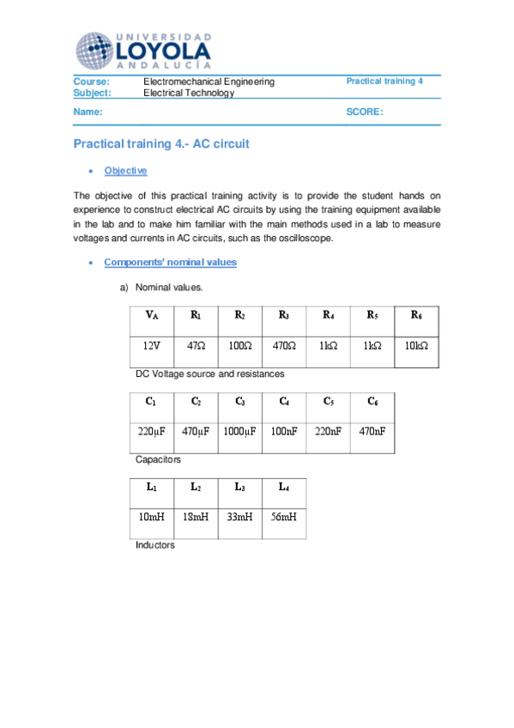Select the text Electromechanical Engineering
[209, 82]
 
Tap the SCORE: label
[365, 112]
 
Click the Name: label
[88, 112]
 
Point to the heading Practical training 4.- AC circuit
[161, 144]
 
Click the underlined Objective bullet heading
[125, 171]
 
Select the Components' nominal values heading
[170, 262]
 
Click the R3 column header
[284, 316]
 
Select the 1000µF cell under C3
[239, 432]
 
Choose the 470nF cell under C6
[372, 432]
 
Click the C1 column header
[151, 401]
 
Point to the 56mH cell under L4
[284, 517]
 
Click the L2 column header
[196, 487]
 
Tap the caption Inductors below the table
[155, 545]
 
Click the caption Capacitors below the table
[158, 460]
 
